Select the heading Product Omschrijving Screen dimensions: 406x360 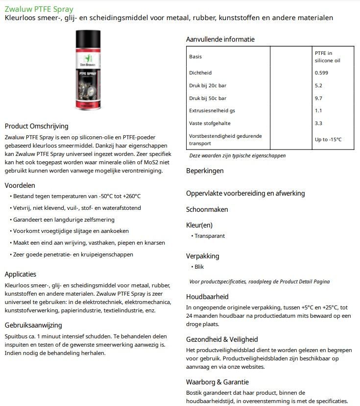tap(36, 126)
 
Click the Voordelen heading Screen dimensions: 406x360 tap(20, 185)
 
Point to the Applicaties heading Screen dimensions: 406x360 tap(21, 274)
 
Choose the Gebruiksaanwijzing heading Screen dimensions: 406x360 tap(33, 325)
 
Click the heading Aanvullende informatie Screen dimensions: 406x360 tap(220, 39)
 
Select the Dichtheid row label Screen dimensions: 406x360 tap(200, 73)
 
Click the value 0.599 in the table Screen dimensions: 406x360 tap(321, 73)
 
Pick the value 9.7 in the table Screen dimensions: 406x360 tap(318, 98)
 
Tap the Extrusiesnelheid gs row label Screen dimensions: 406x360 tap(212, 110)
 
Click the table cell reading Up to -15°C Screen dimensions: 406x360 tap(328, 140)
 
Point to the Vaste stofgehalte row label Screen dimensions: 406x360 tap(210, 123)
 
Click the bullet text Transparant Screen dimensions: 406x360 tap(210, 236)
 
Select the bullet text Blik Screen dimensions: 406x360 tap(199, 267)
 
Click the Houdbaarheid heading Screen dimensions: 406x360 tap(207, 297)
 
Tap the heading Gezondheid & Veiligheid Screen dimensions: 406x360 tap(222, 339)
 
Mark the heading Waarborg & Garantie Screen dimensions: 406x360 tap(217, 382)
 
